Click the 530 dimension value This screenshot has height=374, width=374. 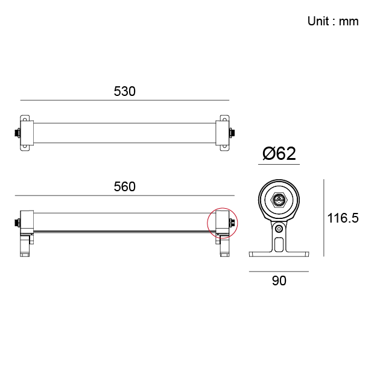tap(125, 92)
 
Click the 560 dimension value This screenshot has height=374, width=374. tap(125, 187)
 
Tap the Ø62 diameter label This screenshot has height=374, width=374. tap(279, 154)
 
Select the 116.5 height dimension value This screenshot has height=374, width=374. tap(343, 218)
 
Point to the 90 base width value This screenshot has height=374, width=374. tap(279, 280)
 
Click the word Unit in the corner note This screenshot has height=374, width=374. tap(318, 22)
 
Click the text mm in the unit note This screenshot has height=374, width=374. tap(349, 22)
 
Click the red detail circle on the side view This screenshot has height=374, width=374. tap(223, 223)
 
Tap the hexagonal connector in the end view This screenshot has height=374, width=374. tap(279, 200)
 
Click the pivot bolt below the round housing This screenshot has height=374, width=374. tap(279, 229)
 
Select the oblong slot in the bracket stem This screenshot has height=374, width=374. tap(279, 244)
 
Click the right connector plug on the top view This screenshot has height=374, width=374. tap(232, 132)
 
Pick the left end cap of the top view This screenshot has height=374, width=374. tap(27, 132)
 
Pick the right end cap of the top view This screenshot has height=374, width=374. tap(223, 132)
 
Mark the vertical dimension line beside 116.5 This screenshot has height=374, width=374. tap(325, 217)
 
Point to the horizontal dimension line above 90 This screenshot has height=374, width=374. tap(279, 271)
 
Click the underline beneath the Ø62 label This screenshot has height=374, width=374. tap(279, 163)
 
